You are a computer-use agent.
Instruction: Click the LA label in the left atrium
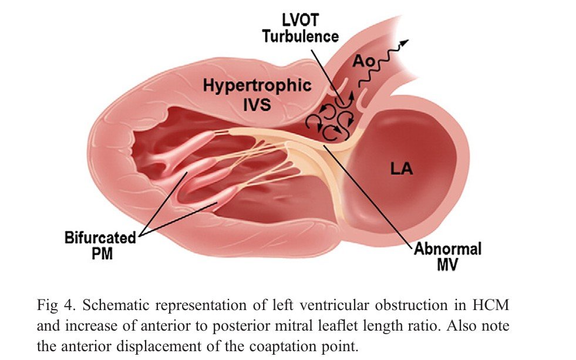click(402, 169)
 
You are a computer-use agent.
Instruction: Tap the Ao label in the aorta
click(363, 61)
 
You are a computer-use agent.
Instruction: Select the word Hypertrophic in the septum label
click(257, 86)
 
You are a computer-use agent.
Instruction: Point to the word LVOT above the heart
click(300, 20)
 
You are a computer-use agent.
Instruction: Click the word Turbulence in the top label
click(300, 36)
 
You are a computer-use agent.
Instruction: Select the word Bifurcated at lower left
click(100, 238)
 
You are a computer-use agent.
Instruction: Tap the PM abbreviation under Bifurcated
click(102, 254)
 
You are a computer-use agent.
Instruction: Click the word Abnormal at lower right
click(447, 249)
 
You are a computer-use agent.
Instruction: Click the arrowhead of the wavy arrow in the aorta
click(405, 43)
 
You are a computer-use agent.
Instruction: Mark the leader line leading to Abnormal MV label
click(368, 194)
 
